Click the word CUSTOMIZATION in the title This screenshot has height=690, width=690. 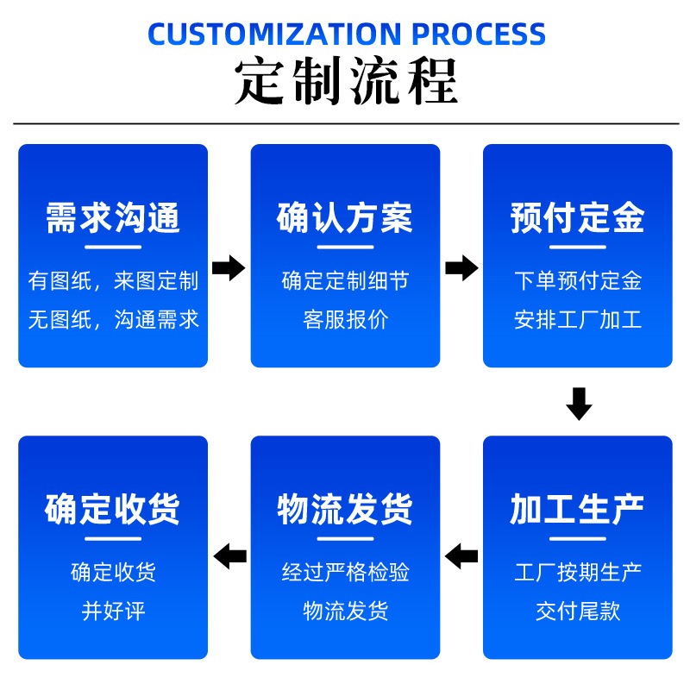tap(276, 34)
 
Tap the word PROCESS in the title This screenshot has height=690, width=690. tap(479, 34)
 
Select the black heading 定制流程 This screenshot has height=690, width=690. tap(345, 82)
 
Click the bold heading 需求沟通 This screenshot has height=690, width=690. tap(113, 218)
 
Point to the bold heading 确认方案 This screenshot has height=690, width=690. tap(345, 218)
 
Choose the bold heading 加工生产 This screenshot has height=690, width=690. tap(577, 510)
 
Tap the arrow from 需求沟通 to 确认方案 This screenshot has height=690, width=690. tap(229, 268)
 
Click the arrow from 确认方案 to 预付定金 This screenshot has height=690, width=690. tap(461, 268)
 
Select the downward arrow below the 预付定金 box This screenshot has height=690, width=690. tap(578, 403)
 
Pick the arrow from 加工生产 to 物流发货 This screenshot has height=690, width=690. tap(461, 556)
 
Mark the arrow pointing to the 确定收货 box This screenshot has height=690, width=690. tap(229, 556)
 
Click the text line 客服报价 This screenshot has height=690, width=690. tap(345, 320)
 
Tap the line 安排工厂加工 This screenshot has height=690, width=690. tap(577, 320)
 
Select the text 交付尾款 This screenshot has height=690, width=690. tap(577, 612)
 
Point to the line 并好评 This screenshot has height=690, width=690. tap(113, 612)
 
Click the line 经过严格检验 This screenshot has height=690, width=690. tap(345, 572)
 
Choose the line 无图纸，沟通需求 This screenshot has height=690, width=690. tap(113, 320)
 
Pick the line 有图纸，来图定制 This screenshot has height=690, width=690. tap(113, 280)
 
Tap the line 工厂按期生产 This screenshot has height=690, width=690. tap(577, 572)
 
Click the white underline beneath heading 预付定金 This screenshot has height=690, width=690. tap(577, 248)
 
